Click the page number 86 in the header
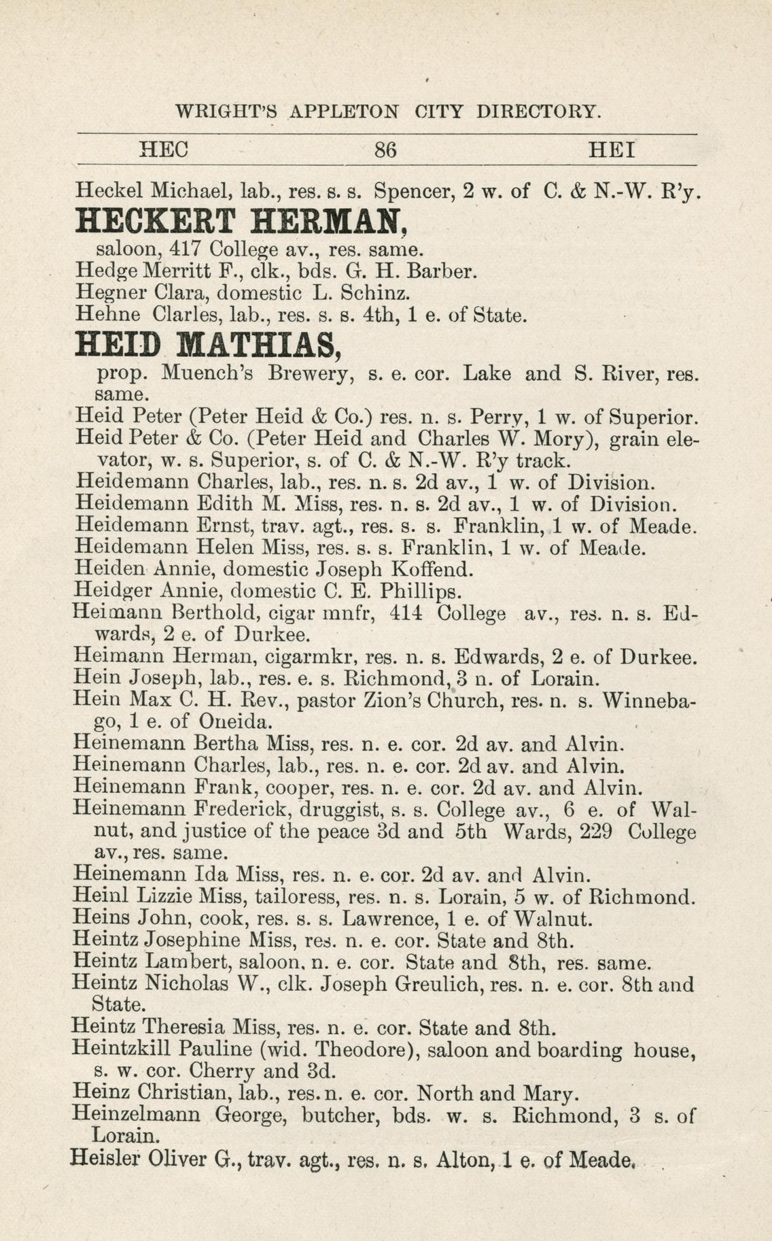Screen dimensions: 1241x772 [x=385, y=150]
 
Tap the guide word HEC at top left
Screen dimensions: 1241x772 [x=163, y=150]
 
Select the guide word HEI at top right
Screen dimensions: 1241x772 [x=612, y=150]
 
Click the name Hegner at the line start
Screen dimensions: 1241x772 [x=109, y=293]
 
